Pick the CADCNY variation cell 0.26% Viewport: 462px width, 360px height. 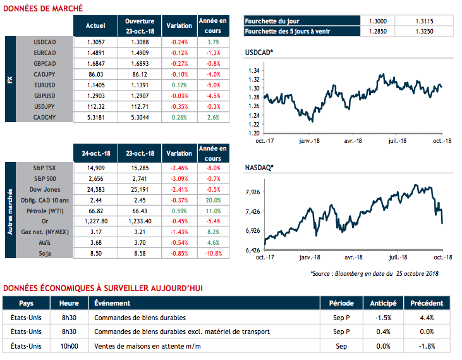[179, 117]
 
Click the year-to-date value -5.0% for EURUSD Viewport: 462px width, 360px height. [213, 85]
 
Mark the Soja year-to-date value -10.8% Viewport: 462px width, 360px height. [213, 253]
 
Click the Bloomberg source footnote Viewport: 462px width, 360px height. [375, 274]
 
